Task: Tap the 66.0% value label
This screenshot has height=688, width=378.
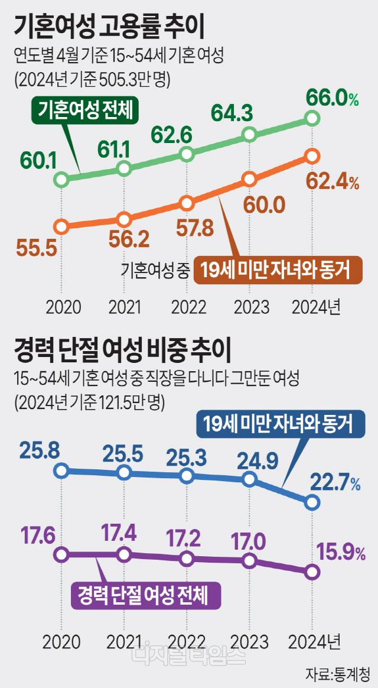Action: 332,99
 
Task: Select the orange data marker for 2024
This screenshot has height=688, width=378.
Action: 313,156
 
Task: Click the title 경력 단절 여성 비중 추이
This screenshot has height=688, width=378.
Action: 124,350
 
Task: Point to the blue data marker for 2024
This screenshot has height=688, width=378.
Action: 313,502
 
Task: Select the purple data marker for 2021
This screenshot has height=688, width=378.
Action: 124,554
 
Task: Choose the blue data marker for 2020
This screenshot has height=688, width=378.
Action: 61,471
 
